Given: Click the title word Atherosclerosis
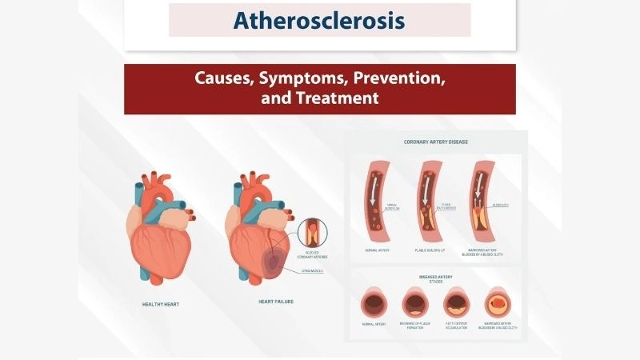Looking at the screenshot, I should pyautogui.click(x=319, y=20).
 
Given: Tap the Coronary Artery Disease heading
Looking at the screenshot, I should pyautogui.click(x=436, y=142).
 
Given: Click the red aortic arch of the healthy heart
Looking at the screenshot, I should pyautogui.click(x=156, y=186).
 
